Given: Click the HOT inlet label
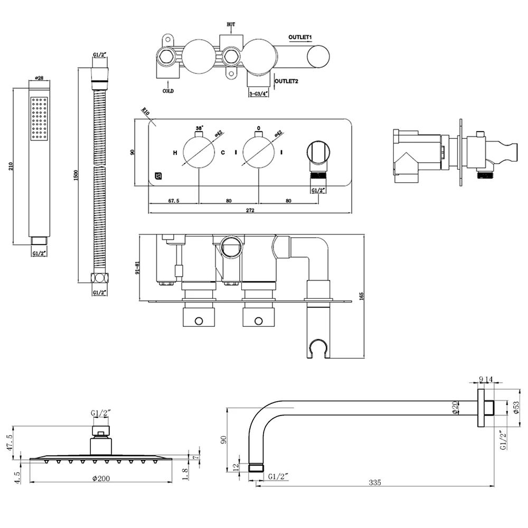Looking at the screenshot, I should click(x=231, y=24).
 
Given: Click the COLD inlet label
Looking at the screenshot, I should click(x=168, y=91).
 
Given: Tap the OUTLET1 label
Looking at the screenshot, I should click(x=300, y=37).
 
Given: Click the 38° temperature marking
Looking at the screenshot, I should click(x=199, y=128).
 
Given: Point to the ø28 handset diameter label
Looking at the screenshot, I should click(x=40, y=78).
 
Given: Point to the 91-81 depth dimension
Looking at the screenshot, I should click(x=138, y=268).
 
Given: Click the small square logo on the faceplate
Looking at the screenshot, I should click(x=157, y=176).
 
